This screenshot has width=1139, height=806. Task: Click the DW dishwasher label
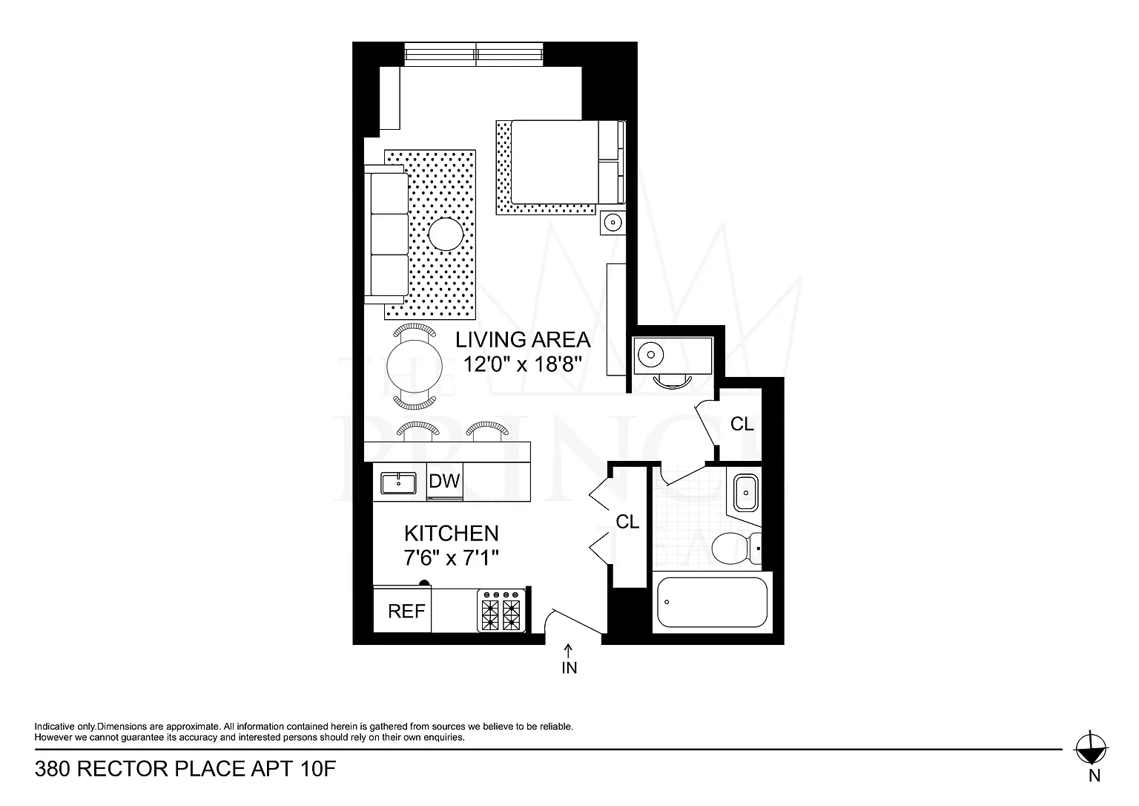(x=444, y=482)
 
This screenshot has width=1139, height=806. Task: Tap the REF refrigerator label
(x=406, y=611)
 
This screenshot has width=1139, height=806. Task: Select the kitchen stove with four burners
(x=501, y=611)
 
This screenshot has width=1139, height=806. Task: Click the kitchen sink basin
(x=398, y=483)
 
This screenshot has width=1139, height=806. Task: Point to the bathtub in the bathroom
(x=712, y=603)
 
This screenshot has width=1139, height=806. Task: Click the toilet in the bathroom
(x=736, y=548)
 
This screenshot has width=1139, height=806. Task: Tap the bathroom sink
(x=745, y=493)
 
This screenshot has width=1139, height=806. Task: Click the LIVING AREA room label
(x=523, y=340)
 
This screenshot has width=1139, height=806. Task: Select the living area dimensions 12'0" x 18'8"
(x=522, y=364)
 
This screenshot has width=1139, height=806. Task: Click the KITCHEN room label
(x=452, y=534)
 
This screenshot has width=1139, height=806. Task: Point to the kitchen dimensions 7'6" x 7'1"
(x=451, y=558)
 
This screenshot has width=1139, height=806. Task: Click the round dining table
(x=415, y=367)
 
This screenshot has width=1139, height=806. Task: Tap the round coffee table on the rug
(x=446, y=234)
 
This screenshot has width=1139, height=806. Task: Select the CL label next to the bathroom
(x=627, y=522)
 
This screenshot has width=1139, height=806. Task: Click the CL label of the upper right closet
(x=742, y=424)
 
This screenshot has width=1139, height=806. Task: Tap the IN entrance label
(x=569, y=668)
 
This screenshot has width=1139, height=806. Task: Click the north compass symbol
(x=1091, y=749)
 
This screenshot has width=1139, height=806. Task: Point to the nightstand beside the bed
(x=613, y=223)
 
